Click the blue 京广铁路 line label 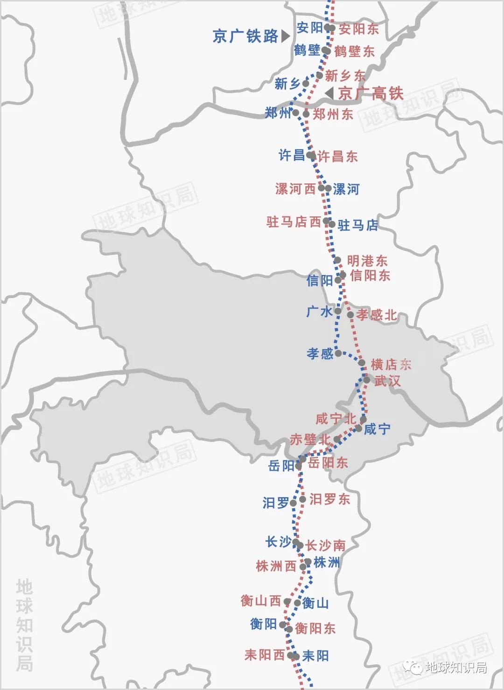pos(245,36)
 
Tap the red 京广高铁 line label pos(371,93)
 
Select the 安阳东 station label pos(358,29)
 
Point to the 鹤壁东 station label pos(354,51)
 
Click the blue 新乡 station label pos(287,84)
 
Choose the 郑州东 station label pos(333,114)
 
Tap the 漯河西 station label pos(295,189)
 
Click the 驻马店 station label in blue pos(357,225)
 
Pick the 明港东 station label pos(367,261)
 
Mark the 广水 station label pos(319,311)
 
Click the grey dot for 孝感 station pos(338,353)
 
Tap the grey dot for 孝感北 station pos(350,315)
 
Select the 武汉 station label pos(387,381)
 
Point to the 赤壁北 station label pos(310,439)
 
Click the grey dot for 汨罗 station pos(294,503)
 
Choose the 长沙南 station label pos(325,545)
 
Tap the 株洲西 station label pos(276,567)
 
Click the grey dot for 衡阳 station pos(282,624)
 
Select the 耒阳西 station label pos(264,655)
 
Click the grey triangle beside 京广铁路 pos(285,36)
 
